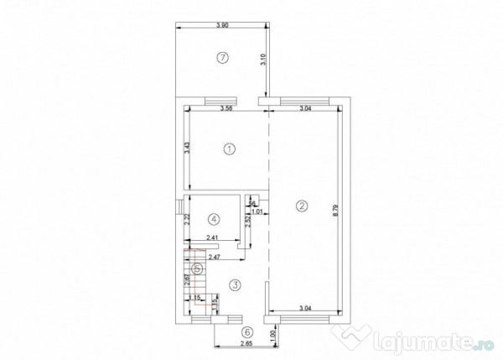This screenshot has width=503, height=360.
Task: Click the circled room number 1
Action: (x=230, y=149)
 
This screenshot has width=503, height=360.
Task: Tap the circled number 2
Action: (x=302, y=205)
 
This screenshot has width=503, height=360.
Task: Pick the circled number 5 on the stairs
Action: (x=197, y=269)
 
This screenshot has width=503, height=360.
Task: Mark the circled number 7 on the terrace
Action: (x=222, y=58)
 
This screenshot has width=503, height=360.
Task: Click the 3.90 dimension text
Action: (x=222, y=25)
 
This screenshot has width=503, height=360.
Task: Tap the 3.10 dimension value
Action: (x=263, y=60)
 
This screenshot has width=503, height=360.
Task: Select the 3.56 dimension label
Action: (x=226, y=108)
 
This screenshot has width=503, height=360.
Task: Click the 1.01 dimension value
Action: (x=258, y=211)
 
